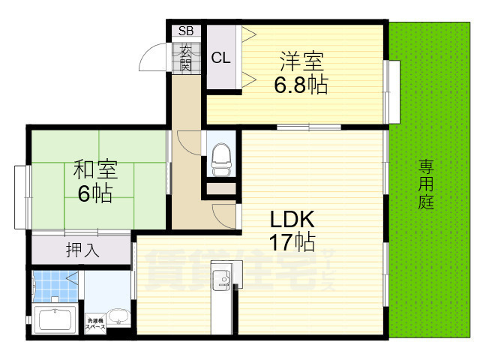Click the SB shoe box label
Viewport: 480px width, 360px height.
tap(185, 31)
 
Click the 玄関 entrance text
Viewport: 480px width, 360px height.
tap(185, 57)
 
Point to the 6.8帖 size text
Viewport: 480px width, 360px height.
tap(300, 85)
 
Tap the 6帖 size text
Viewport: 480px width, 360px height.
tap(95, 195)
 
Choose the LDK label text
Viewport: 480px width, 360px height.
tap(291, 219)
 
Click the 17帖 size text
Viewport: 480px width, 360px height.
tap(292, 242)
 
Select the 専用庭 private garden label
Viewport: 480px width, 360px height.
tap(426, 184)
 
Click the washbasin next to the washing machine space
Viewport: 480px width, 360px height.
tap(118, 318)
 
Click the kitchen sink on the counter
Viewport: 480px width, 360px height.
tap(223, 282)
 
